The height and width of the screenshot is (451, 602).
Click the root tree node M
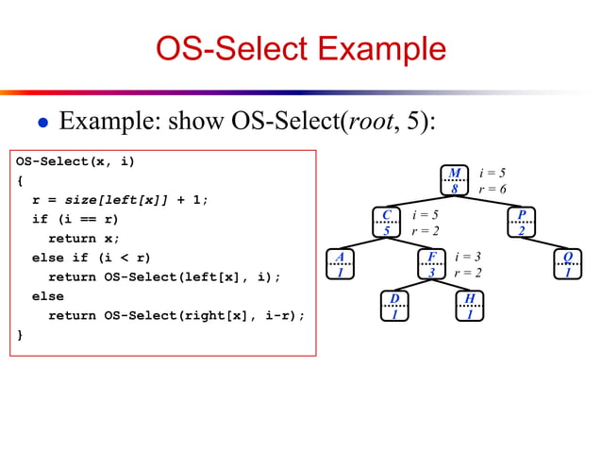coord(454,180)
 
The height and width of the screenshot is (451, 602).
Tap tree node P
coord(521,223)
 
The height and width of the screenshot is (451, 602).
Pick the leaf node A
coord(340,264)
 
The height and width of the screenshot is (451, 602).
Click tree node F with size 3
coord(431,264)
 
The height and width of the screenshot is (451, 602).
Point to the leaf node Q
coord(567,264)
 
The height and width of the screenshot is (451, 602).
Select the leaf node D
coord(394,307)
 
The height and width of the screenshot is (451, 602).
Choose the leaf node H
coord(469,307)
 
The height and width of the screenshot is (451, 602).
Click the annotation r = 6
coord(493,189)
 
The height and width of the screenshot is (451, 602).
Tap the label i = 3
coord(468,257)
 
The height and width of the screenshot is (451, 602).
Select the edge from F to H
coord(450,286)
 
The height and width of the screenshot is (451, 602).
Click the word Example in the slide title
coord(380,48)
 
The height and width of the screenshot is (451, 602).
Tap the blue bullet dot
coord(42,123)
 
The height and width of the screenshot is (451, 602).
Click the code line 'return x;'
coord(84,238)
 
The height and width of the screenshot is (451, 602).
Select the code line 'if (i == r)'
coord(75,219)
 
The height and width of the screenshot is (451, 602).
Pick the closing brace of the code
coord(20,334)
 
